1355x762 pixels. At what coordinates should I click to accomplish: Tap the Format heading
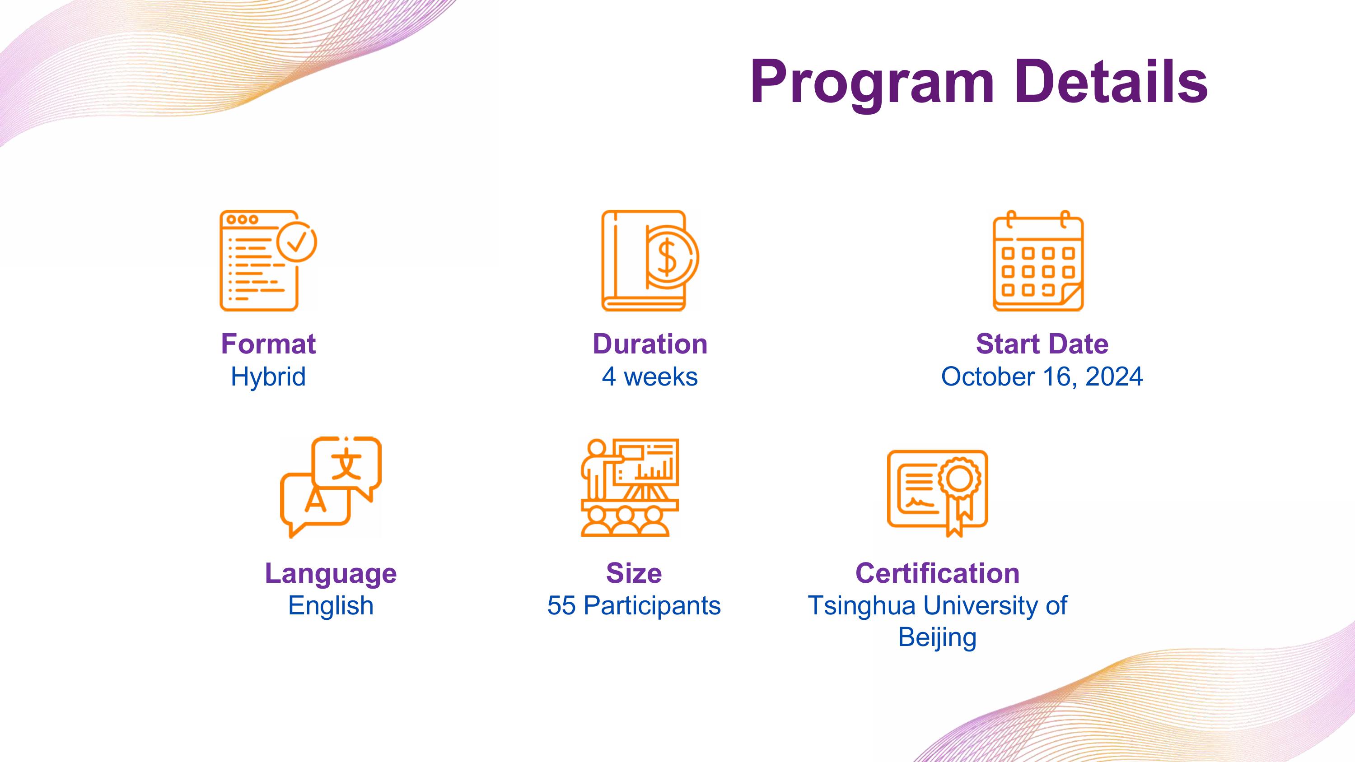268,344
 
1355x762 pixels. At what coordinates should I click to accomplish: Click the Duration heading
650,344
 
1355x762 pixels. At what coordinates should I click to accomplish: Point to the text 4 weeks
650,376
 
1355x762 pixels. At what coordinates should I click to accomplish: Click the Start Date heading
1042,344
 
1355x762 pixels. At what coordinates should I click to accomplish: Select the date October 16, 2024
1042,377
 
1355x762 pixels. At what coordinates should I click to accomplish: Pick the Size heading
634,573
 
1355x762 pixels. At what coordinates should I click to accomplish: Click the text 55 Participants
634,606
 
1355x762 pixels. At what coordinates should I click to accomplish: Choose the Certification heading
937,573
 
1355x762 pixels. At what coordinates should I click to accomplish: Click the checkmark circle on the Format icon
297,242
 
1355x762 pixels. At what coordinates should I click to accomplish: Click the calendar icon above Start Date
1038,261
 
